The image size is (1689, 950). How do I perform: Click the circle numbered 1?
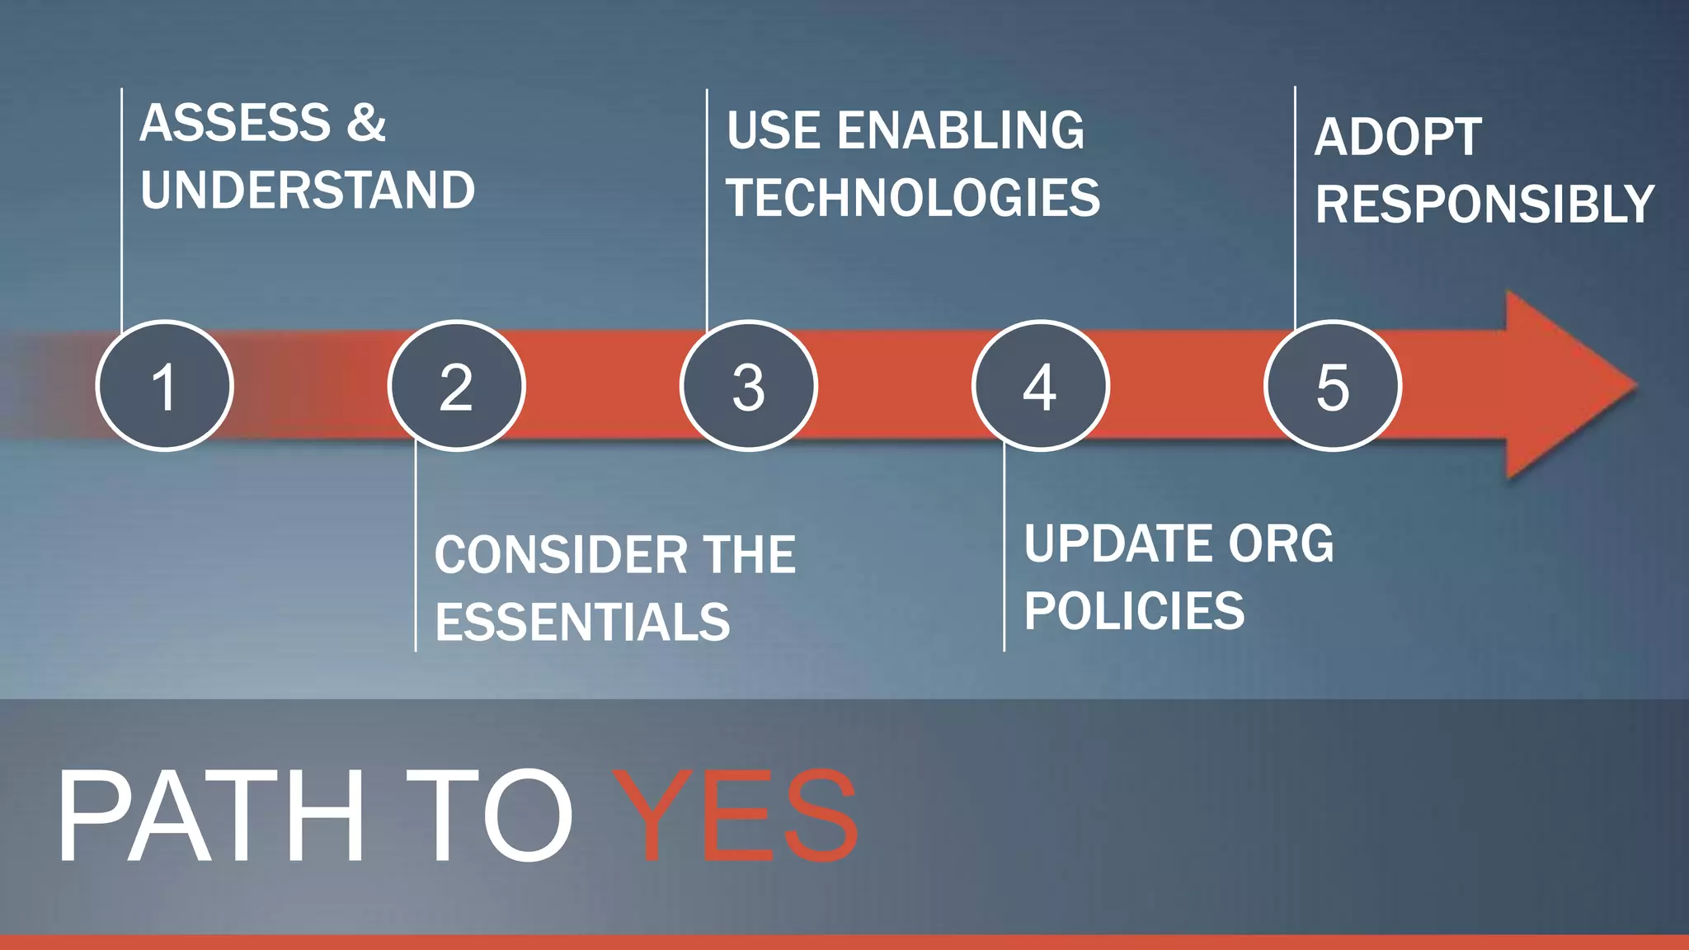tap(165, 386)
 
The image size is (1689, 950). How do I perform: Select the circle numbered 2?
tap(456, 386)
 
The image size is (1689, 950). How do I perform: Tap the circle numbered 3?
tap(748, 386)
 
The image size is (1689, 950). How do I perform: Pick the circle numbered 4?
tap(1040, 386)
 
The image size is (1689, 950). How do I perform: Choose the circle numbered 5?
tap(1332, 386)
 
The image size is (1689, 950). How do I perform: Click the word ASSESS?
tap(236, 124)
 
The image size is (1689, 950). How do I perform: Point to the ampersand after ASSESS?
tap(366, 124)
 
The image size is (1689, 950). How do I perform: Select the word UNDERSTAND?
tap(308, 190)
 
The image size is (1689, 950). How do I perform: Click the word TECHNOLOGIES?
tap(913, 198)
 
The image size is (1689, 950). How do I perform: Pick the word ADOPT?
tap(1398, 137)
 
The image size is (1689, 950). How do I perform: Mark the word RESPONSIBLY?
tap(1484, 205)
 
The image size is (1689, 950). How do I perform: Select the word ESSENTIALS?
tap(582, 622)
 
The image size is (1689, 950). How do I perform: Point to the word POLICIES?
tap(1134, 611)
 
